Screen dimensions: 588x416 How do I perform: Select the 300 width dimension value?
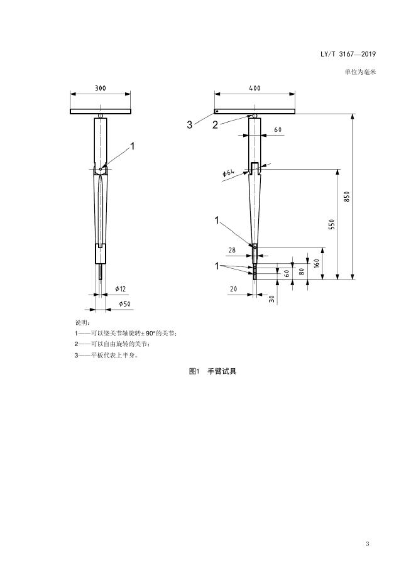(x=101, y=88)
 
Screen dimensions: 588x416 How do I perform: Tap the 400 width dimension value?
(x=255, y=88)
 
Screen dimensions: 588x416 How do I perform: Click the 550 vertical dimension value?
(x=332, y=224)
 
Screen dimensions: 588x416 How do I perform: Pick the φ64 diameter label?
(x=229, y=172)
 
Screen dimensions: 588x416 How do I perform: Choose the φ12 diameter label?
(x=121, y=288)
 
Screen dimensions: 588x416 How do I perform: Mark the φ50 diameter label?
(x=124, y=305)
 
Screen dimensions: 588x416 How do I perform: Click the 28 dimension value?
(x=232, y=250)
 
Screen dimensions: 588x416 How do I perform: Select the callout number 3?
(x=189, y=125)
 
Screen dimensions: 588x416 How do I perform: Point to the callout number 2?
(x=215, y=125)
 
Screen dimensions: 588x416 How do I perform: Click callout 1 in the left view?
(x=133, y=146)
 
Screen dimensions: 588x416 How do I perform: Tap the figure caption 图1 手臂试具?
(x=213, y=371)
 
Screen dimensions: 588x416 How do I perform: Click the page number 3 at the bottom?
(x=367, y=543)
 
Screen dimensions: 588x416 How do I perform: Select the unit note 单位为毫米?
(x=360, y=72)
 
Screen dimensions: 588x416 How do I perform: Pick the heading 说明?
(x=82, y=322)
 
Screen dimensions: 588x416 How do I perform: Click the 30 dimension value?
(x=272, y=299)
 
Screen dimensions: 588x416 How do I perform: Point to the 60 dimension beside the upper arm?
(x=278, y=129)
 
